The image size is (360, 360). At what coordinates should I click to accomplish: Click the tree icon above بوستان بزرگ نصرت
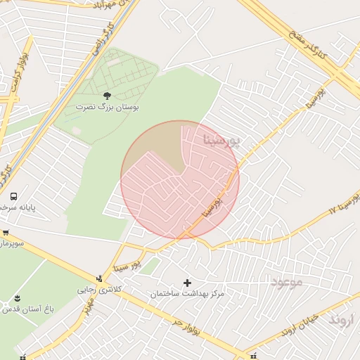pyautogui.click(x=107, y=95)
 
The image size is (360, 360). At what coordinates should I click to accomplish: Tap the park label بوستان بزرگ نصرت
pyautogui.click(x=108, y=108)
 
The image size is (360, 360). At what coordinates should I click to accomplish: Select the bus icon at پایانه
pyautogui.click(x=14, y=196)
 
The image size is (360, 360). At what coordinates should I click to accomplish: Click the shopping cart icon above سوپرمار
pyautogui.click(x=6, y=233)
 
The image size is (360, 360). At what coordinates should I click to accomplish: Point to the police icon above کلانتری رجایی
pyautogui.click(x=99, y=278)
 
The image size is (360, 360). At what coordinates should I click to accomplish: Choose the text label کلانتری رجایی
pyautogui.click(x=98, y=290)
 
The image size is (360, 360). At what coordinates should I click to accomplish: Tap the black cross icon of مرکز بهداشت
pyautogui.click(x=187, y=283)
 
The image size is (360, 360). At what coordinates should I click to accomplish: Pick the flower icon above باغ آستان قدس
pyautogui.click(x=18, y=298)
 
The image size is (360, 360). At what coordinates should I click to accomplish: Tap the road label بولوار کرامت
pyautogui.click(x=18, y=70)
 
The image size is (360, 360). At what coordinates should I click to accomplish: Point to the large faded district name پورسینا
pyautogui.click(x=221, y=139)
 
